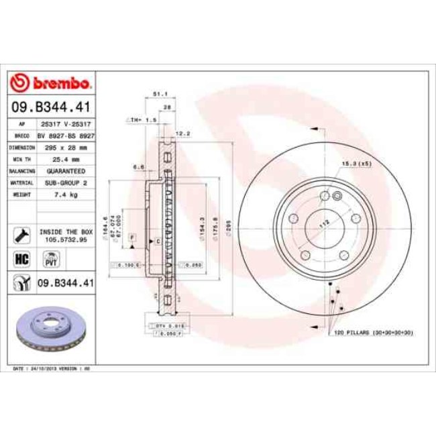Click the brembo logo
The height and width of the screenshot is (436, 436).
[x=51, y=83]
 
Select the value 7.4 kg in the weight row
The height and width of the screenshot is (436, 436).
[x=65, y=195]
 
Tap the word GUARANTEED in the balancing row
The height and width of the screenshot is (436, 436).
[x=65, y=171]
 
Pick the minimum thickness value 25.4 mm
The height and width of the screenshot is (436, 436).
[x=65, y=159]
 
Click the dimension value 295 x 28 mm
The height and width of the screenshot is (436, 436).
[x=65, y=147]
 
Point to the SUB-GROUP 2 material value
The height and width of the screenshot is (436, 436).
[x=65, y=182]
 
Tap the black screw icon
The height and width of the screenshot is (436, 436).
[x=21, y=234]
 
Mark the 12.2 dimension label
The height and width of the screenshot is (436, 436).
[x=182, y=133]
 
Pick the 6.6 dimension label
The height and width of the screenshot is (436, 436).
[x=138, y=167]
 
